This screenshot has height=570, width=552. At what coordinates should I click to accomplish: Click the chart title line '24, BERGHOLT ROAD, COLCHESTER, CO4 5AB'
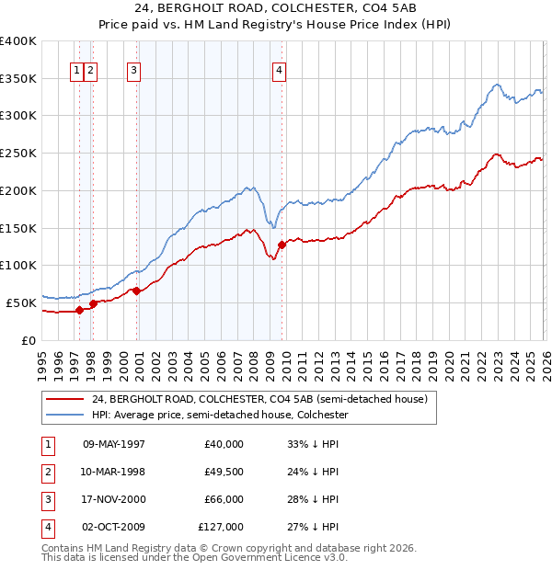275,10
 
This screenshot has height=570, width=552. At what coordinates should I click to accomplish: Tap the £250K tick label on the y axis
18,154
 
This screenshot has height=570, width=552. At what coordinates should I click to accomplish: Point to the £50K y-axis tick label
22,302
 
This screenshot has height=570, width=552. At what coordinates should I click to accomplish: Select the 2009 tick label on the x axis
269,364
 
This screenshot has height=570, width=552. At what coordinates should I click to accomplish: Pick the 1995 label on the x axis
41,364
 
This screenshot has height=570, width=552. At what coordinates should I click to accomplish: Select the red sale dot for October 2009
282,245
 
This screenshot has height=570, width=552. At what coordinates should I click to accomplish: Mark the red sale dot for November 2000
137,291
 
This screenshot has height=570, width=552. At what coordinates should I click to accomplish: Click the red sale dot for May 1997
79,310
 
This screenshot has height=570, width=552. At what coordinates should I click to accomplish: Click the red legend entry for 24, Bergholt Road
259,400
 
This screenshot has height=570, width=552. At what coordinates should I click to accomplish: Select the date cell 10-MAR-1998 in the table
114,472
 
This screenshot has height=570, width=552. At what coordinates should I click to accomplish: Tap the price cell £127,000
221,527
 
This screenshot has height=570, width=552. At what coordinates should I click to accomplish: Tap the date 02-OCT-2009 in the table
114,527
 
